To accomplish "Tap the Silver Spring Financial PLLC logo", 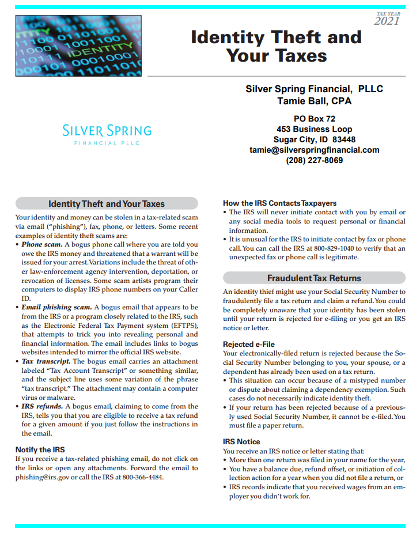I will click(x=107, y=134).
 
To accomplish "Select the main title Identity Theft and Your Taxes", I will click(x=276, y=46).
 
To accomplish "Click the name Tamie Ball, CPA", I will click(x=314, y=101).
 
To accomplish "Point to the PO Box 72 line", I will click(x=314, y=119).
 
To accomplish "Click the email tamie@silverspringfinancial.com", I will click(x=314, y=150).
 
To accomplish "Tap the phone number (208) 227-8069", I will click(x=314, y=160).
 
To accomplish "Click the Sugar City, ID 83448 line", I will click(x=314, y=139).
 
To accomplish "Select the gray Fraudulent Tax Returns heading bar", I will click(x=314, y=278).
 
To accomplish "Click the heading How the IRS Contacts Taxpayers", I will click(x=279, y=203).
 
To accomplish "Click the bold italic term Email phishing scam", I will click(x=56, y=307).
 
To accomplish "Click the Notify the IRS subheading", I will click(x=40, y=449).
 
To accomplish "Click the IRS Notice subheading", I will click(x=241, y=442).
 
